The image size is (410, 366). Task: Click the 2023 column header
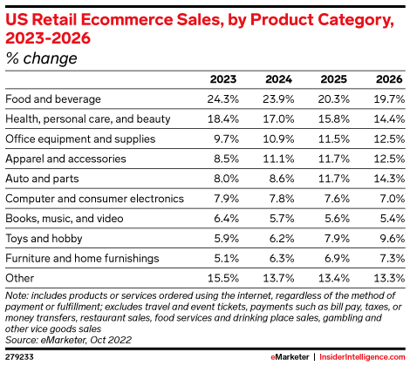pyautogui.click(x=224, y=79)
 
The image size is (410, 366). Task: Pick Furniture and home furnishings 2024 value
pyautogui.click(x=278, y=259)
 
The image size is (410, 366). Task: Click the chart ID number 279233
pyautogui.click(x=20, y=356)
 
